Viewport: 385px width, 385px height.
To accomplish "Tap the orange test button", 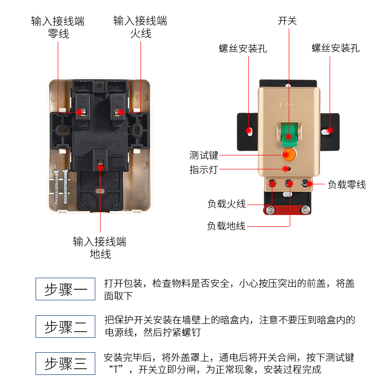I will (x=289, y=154).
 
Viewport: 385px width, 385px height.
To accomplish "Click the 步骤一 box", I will (x=65, y=289).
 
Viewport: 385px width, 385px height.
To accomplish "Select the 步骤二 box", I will (x=65, y=327).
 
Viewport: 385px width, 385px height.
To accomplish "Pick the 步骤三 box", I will (x=65, y=363).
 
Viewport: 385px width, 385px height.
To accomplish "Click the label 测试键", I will (x=204, y=155).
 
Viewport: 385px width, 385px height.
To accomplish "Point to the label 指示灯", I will (x=204, y=169).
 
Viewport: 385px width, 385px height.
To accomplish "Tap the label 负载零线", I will (x=346, y=184).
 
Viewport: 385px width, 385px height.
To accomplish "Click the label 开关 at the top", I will (x=288, y=21).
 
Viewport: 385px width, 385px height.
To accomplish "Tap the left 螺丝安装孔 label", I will (x=243, y=49).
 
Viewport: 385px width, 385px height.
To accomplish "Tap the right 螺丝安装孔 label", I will (x=335, y=49).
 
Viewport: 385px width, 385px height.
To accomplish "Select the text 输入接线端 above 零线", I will (x=58, y=21).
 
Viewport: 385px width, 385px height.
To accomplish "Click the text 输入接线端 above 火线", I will (x=140, y=21).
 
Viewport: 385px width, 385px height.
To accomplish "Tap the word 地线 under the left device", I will (x=100, y=254).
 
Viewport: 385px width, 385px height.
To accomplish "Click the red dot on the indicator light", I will (x=288, y=169).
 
